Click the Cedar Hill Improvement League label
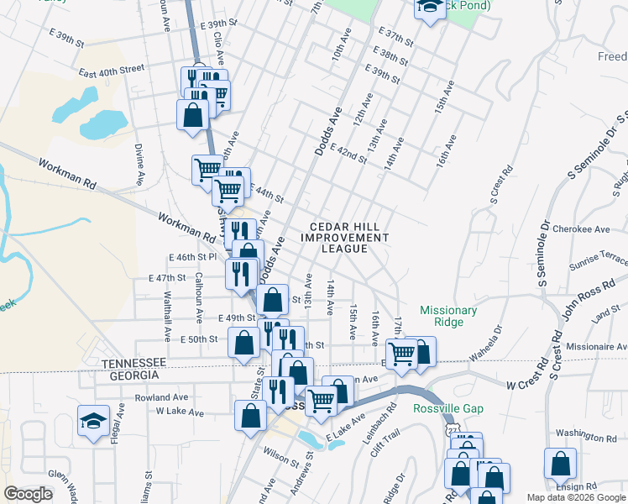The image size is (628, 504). click(x=348, y=238)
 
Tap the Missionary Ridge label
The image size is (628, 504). click(x=448, y=316)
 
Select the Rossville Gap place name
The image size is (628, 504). click(x=448, y=409)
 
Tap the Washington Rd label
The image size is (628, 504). click(x=586, y=437)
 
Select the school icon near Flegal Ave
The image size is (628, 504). click(x=93, y=422)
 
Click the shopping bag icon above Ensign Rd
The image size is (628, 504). click(x=560, y=465)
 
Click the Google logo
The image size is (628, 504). click(x=29, y=494)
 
